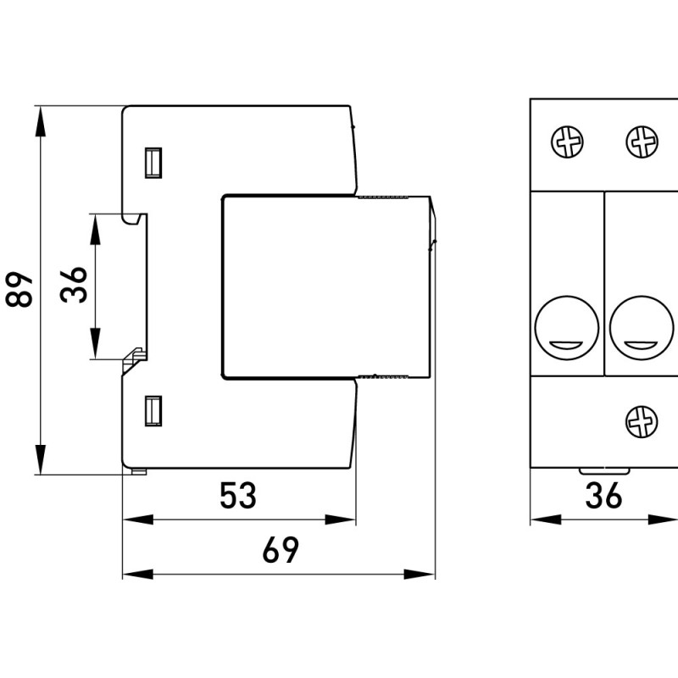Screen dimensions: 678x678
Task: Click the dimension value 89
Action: pos(19,289)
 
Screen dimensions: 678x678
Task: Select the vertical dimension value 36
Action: pos(74,285)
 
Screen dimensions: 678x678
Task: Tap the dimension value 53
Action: pos(238,495)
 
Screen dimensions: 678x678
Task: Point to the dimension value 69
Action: pos(281,549)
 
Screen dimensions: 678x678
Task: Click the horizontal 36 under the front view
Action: pos(603,495)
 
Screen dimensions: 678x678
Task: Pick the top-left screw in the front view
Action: pos(567,142)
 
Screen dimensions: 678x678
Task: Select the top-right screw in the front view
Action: pos(642,142)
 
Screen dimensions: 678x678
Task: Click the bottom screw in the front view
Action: pos(642,421)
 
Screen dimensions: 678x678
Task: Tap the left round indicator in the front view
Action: pos(567,328)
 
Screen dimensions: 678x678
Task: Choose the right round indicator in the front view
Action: pos(642,328)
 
